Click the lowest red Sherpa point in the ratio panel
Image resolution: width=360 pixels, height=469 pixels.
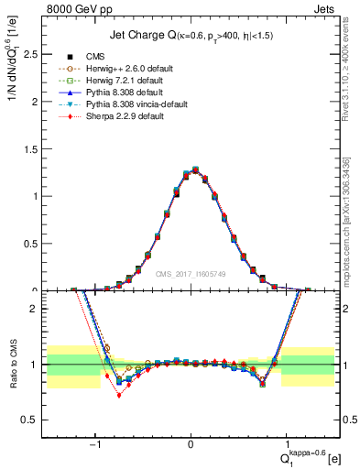(x=118, y=395)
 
